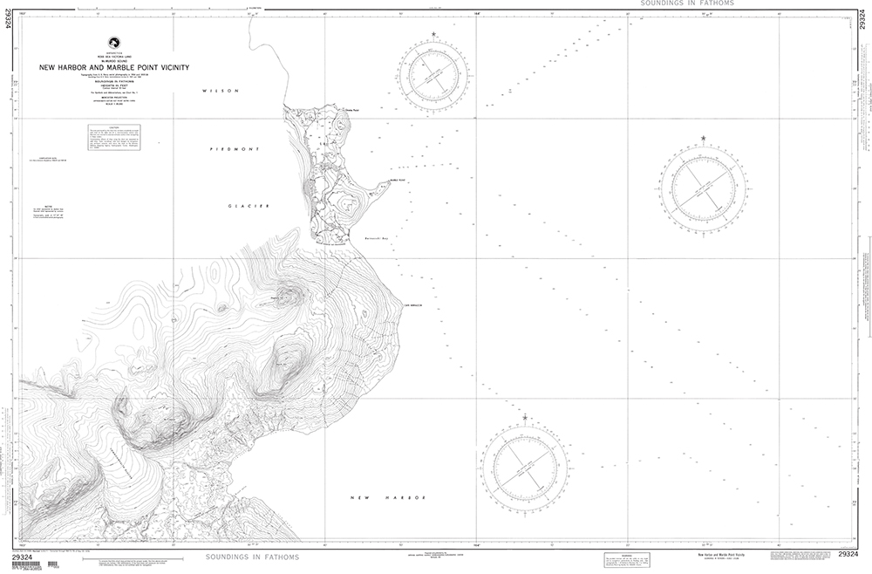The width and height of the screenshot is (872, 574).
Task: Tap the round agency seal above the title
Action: (x=112, y=42)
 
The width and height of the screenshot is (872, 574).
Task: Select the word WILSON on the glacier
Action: (x=217, y=90)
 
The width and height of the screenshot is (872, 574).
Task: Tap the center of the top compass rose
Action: (x=434, y=74)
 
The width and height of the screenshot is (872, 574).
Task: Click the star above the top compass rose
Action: (x=434, y=35)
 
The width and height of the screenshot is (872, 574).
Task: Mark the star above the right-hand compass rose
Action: (x=703, y=139)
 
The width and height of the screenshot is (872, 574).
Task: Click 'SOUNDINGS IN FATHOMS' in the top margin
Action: (x=686, y=3)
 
